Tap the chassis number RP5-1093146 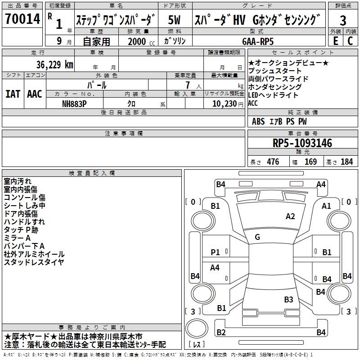pos(302,143)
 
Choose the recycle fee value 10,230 pos(221,103)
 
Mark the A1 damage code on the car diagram pos(326,206)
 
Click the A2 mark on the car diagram pos(290,216)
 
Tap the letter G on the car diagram pos(257,237)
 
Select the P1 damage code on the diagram pos(216,252)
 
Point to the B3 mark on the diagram pos(288,299)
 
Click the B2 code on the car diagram pos(221,333)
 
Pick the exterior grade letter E pos(335,40)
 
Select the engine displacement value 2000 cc pos(140,41)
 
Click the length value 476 pos(273,162)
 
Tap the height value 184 pos(346,162)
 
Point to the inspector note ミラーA pos(17,238)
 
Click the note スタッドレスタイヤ pos(34,262)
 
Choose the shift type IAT pos(13,94)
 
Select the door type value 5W pos(175,20)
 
